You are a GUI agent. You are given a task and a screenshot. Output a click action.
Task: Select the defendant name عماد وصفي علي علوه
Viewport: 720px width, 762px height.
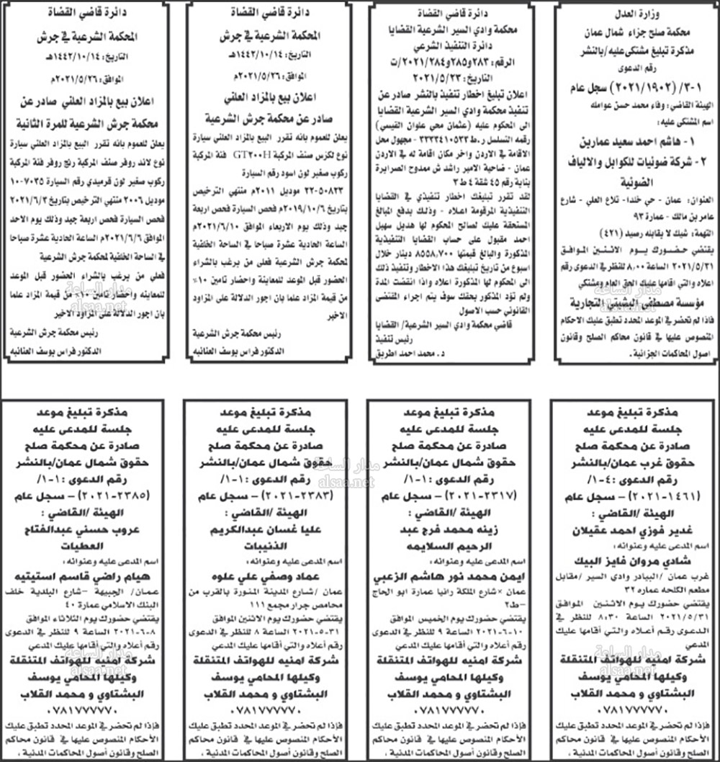[x=271, y=575]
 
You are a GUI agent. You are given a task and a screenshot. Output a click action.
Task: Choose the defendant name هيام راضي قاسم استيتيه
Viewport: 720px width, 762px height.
[x=90, y=575]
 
